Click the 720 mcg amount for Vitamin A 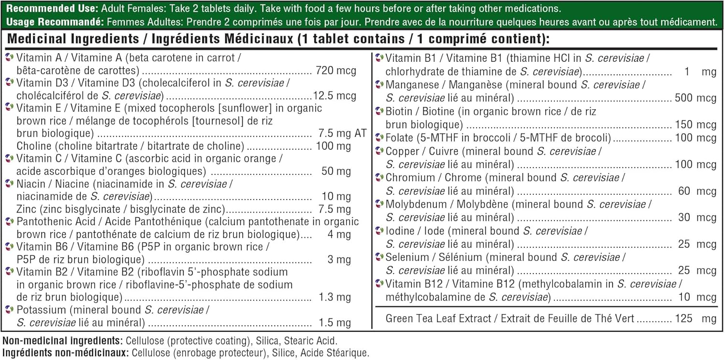pos(335,71)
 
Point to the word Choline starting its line pos(33,146)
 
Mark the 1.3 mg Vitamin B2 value pos(335,297)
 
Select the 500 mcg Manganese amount pos(696,98)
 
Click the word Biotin pos(399,111)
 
